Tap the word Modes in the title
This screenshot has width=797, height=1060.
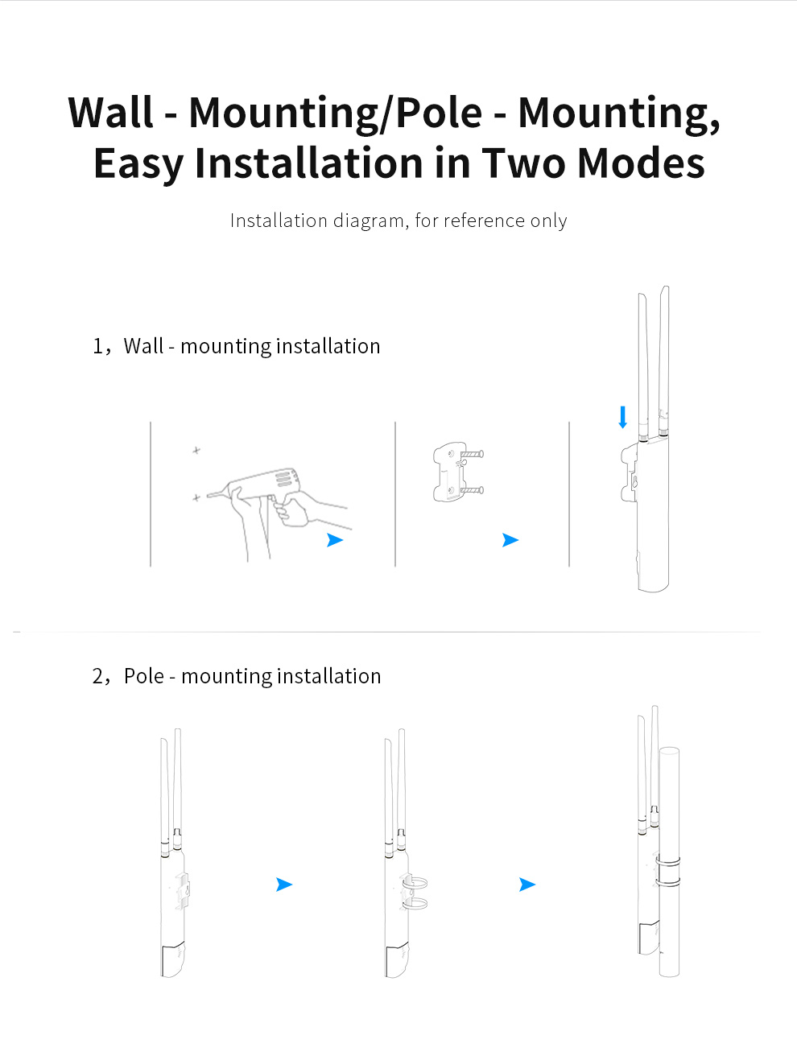[641, 163]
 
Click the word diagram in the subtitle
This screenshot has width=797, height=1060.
[368, 221]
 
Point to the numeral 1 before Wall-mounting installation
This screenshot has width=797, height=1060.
[97, 346]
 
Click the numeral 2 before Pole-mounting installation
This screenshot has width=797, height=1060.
[97, 676]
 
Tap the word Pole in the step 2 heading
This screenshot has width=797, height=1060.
[144, 676]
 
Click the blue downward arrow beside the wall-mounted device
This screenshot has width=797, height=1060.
[622, 417]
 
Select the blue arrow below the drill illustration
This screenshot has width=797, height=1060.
[335, 540]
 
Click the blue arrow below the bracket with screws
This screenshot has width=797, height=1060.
[510, 540]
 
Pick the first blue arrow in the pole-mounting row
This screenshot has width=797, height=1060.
[284, 885]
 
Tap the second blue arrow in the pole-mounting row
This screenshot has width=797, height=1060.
[527, 885]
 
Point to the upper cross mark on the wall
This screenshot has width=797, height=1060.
[196, 451]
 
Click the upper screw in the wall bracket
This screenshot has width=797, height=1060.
[472, 454]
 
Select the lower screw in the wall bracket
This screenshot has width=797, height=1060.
[472, 490]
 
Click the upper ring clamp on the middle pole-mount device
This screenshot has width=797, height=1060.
[415, 883]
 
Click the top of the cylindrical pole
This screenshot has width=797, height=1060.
[669, 750]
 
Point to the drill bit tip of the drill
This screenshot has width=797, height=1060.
[208, 496]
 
